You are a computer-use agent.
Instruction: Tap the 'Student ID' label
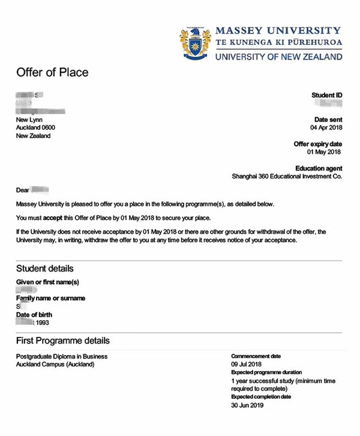point(326,95)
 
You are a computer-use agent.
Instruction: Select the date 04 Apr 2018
point(326,128)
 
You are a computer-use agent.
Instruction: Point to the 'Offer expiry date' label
point(317,144)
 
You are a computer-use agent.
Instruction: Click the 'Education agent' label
point(319,169)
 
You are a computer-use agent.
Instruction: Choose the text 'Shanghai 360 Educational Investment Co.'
point(287,177)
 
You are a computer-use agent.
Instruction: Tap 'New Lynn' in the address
point(29,120)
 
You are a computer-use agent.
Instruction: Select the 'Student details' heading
point(45,268)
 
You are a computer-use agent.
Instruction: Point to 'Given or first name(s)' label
point(47,282)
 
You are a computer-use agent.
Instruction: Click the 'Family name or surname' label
point(50,298)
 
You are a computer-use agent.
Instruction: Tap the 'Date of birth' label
point(34,314)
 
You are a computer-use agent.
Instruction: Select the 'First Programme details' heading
point(63,341)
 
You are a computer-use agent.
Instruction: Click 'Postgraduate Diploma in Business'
point(62,357)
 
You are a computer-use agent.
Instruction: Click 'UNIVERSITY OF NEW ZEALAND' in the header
point(278,57)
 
